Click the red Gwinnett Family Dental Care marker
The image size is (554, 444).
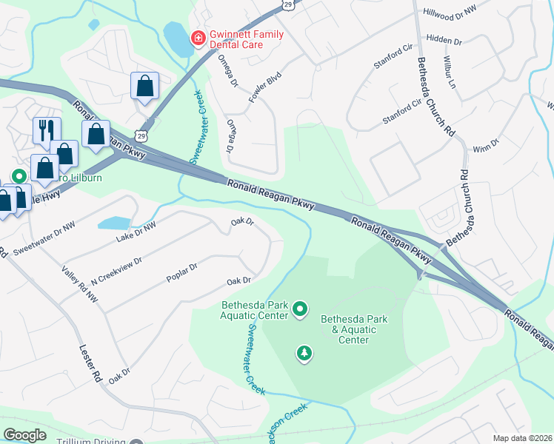198,37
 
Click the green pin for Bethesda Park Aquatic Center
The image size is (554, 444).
300,308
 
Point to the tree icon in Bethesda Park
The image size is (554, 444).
304,354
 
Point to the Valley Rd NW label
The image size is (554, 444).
80,285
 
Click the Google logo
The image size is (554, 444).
24,435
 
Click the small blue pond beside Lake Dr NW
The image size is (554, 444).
114,223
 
